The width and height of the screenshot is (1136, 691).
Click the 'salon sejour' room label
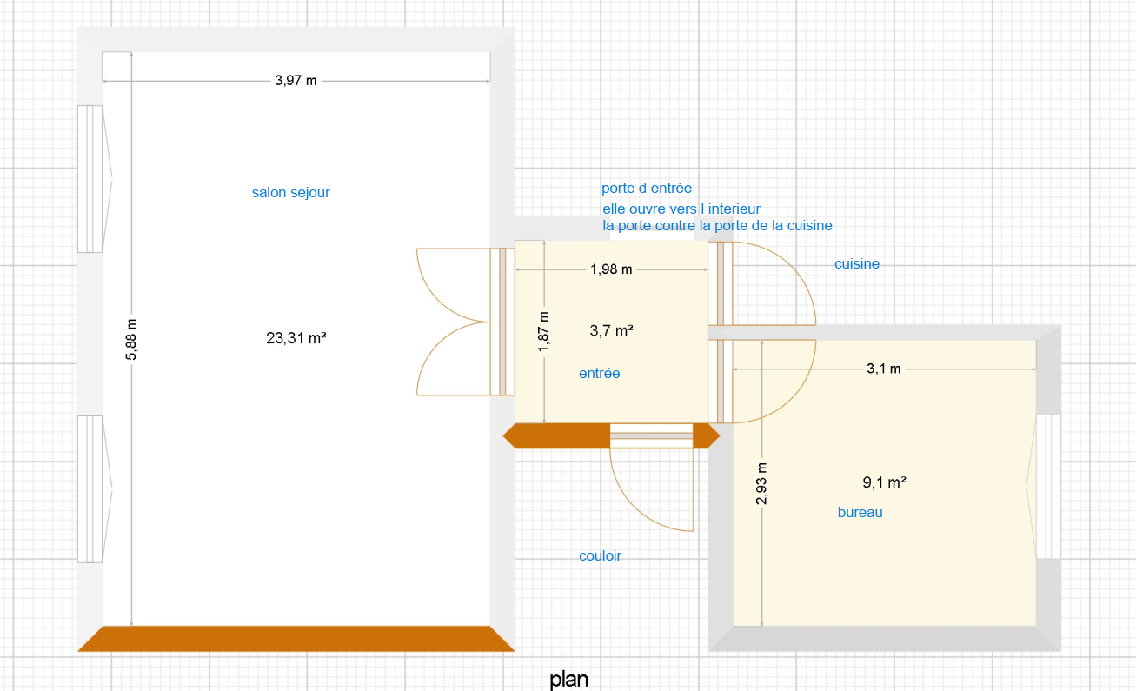pyautogui.click(x=290, y=193)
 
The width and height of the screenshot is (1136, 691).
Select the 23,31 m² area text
pyautogui.click(x=296, y=337)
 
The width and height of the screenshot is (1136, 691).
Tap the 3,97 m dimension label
pyautogui.click(x=296, y=81)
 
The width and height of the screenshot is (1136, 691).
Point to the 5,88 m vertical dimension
pyautogui.click(x=131, y=340)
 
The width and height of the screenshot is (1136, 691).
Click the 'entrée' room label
pyautogui.click(x=600, y=373)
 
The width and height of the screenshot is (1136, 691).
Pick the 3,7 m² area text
pyautogui.click(x=611, y=331)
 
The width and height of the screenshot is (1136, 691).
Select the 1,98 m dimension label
pyautogui.click(x=611, y=269)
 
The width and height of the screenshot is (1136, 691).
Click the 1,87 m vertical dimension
pyautogui.click(x=543, y=332)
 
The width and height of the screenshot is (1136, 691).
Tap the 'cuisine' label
pyautogui.click(x=857, y=263)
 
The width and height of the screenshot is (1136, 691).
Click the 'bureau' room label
pyautogui.click(x=860, y=513)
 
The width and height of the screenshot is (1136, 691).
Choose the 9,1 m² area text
pyautogui.click(x=885, y=482)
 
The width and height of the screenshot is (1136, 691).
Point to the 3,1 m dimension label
pyautogui.click(x=883, y=369)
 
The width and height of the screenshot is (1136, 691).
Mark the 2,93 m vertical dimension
pyautogui.click(x=761, y=483)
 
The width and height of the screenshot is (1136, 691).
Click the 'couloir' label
pyautogui.click(x=600, y=556)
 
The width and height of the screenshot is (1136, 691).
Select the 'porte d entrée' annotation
pyautogui.click(x=647, y=188)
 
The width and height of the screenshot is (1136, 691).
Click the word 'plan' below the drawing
pyautogui.click(x=569, y=680)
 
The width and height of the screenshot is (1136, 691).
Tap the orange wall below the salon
pyautogui.click(x=296, y=639)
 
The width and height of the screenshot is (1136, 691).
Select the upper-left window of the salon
pyautogui.click(x=95, y=179)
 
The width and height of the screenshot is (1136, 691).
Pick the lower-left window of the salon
pyautogui.click(x=95, y=489)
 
